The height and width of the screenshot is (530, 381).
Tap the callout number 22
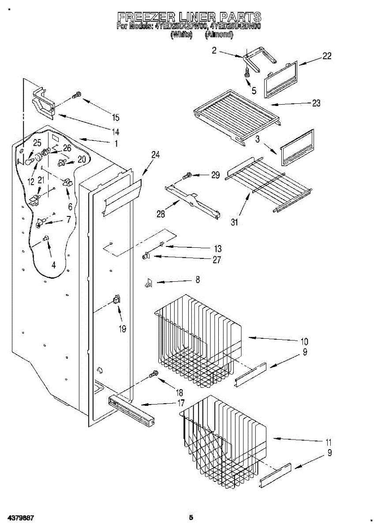click(327, 56)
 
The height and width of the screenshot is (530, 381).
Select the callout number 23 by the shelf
click(316, 103)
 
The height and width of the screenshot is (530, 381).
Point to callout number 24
click(155, 155)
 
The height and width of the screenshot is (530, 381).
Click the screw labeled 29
click(187, 176)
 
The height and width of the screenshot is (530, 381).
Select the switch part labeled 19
click(117, 300)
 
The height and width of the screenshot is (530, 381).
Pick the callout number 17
click(181, 403)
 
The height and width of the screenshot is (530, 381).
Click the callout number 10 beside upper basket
click(304, 341)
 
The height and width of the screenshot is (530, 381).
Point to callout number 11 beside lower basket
click(329, 442)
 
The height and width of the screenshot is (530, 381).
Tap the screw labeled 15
click(77, 94)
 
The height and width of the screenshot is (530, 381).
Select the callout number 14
click(116, 132)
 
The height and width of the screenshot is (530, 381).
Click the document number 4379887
click(20, 517)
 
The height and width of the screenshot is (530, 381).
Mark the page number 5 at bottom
click(190, 517)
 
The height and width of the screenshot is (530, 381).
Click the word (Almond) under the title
click(219, 34)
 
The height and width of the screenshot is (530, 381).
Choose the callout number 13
click(217, 249)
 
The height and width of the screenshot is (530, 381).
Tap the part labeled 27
click(147, 256)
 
